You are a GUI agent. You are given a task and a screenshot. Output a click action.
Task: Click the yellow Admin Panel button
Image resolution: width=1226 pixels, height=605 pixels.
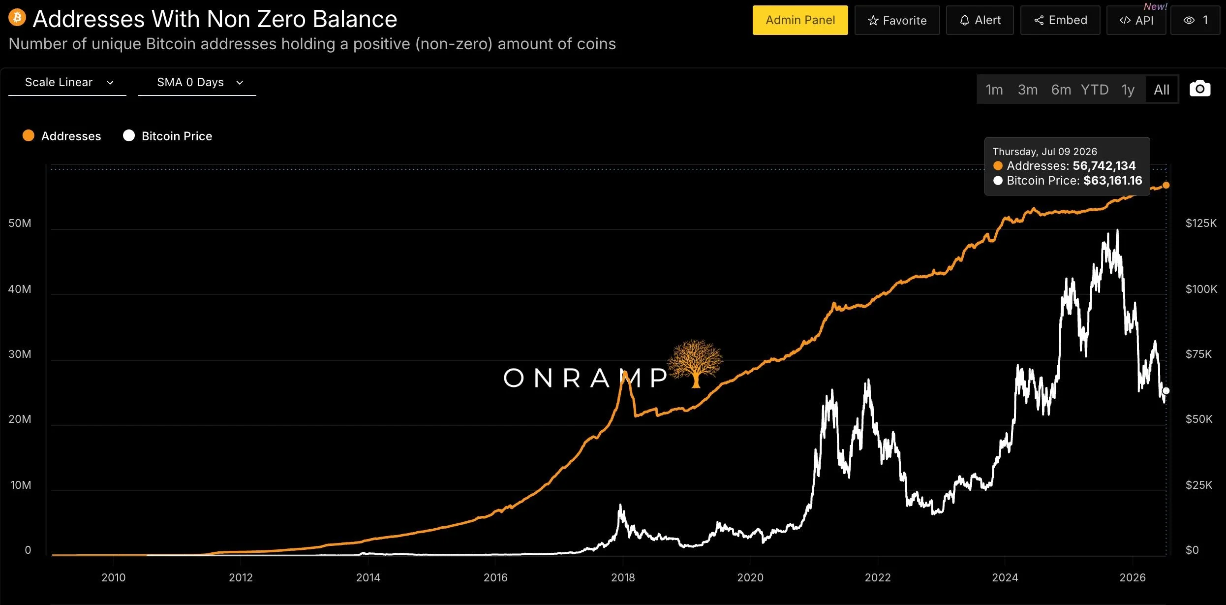coord(800,20)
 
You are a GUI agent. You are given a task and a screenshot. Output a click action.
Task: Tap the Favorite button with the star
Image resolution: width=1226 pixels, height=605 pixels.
coord(897,20)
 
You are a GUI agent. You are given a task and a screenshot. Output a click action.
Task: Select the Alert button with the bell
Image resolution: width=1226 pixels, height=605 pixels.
coord(980,20)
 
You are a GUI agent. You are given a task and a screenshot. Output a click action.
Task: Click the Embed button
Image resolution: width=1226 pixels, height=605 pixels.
coord(1060,20)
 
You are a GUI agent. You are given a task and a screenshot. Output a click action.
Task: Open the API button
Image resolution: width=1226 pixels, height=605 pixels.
coord(1136,20)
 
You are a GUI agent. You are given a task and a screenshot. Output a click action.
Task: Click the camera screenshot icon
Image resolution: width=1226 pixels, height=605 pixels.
coord(1200,89)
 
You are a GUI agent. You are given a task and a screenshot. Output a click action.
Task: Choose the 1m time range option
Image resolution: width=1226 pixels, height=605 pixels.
coord(994,90)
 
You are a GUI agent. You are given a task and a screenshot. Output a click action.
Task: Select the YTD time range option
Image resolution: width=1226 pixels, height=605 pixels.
coord(1095,90)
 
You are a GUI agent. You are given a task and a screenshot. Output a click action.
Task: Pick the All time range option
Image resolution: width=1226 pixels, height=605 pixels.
coord(1162,90)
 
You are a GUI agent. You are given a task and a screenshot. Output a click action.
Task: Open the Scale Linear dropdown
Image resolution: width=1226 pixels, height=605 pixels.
coord(67,82)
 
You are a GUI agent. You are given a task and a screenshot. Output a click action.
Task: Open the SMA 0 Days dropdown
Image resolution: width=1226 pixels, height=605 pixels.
coord(197,82)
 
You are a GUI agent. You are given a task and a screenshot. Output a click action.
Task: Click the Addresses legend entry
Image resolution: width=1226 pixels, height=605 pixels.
coord(62,136)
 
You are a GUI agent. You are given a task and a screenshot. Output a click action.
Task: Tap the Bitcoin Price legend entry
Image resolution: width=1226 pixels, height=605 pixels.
coord(168,136)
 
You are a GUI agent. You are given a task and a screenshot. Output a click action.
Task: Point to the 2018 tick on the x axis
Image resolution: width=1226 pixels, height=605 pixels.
coord(623,577)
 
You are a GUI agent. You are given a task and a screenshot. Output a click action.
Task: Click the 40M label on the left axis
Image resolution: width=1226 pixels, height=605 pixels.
coord(20,289)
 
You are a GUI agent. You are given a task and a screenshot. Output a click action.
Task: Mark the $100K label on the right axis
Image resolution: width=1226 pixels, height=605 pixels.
coord(1201,289)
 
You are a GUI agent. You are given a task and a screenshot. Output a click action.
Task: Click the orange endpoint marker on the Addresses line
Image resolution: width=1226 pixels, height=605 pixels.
coord(1166,185)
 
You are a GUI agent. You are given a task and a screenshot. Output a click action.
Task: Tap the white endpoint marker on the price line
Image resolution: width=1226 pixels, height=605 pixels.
coord(1165,391)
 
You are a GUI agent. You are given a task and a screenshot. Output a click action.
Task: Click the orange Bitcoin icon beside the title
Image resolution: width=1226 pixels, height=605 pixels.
coord(17,18)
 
